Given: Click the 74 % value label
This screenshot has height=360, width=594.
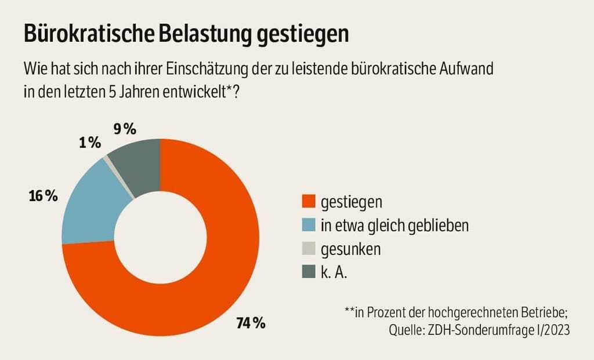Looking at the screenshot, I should click(251, 323).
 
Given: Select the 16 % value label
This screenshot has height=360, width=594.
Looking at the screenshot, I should click(44, 196).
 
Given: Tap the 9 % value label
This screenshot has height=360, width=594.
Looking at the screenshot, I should click(125, 129).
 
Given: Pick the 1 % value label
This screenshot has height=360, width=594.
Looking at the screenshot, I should click(90, 143).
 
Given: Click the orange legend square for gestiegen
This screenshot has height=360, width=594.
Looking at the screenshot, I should click(308, 202).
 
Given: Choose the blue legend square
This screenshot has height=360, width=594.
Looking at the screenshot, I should click(308, 225).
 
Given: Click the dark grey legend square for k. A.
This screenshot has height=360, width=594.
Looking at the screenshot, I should click(308, 272).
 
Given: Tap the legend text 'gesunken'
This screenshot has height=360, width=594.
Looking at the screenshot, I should click(351, 249).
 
